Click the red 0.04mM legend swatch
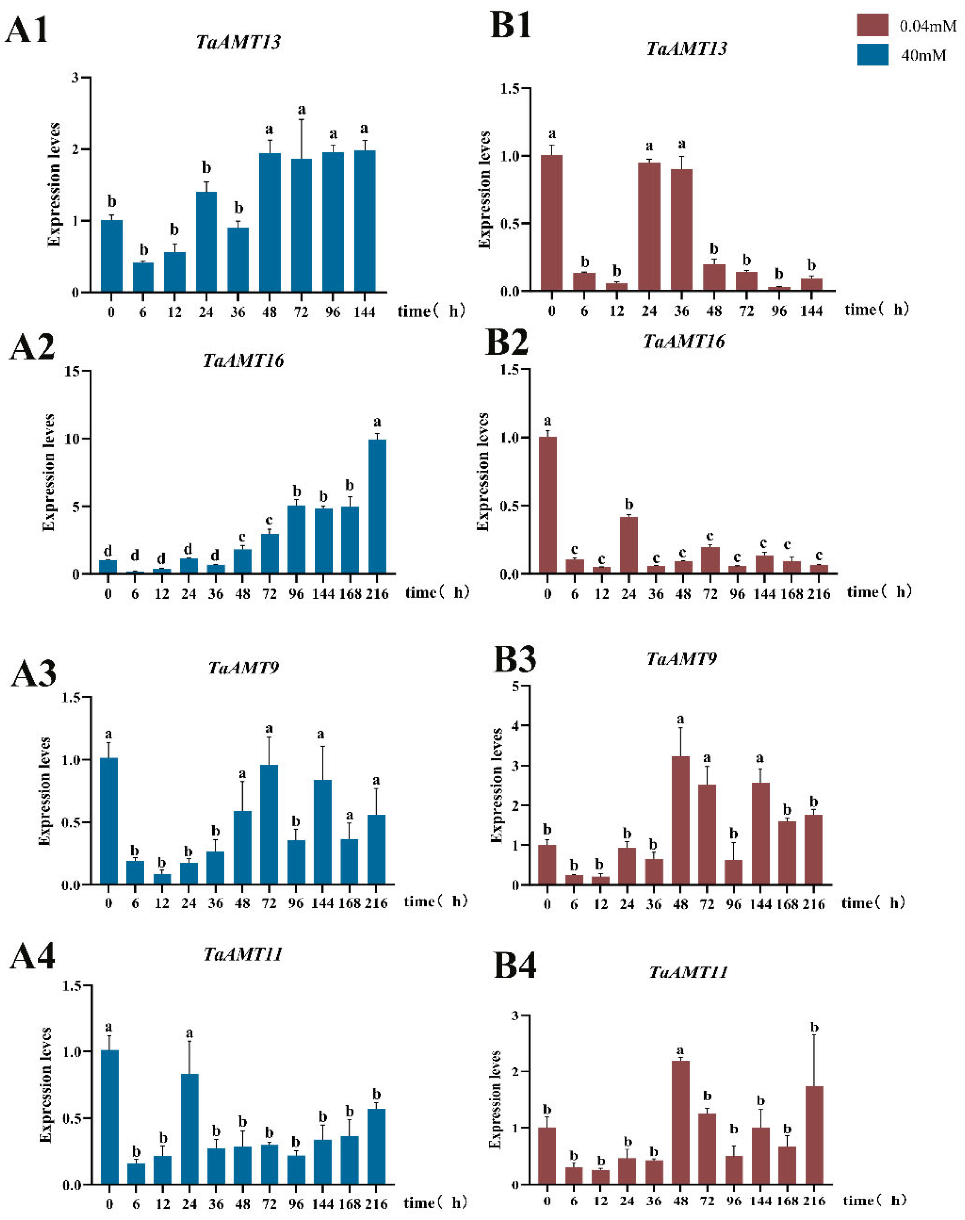click(872, 25)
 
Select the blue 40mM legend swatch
click(872, 55)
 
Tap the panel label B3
click(514, 659)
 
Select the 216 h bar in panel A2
click(377, 507)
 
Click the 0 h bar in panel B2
click(547, 506)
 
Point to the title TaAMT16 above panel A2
click(243, 361)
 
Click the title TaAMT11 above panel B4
click(688, 972)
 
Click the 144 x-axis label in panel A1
click(364, 312)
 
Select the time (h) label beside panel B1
click(876, 309)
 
